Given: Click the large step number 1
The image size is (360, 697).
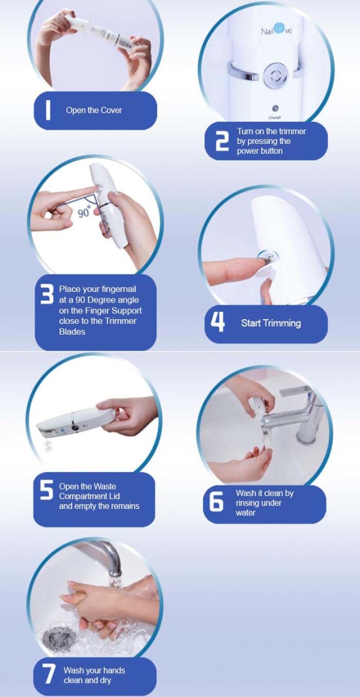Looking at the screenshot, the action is pos(48,110).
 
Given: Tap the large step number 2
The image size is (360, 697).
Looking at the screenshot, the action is pos(221,140).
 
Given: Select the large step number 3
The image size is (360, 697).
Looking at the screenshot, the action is pos(47,294).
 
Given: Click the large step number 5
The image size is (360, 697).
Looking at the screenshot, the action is pos(46,490).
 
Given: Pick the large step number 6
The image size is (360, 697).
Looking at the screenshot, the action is pos(216,501).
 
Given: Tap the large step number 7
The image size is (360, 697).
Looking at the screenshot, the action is pos(49,674).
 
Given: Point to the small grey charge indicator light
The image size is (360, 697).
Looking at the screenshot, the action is pos(275,109).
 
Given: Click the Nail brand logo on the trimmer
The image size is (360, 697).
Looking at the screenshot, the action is pos(276,30).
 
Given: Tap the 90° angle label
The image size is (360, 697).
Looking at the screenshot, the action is pos(84,212).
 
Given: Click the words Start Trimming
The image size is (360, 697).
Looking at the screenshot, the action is pos(271,323).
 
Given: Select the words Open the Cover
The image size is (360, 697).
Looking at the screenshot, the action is pos(93,110).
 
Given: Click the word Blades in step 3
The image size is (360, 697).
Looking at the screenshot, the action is pos(72,332).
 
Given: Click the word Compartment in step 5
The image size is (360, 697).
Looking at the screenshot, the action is pos(89,496).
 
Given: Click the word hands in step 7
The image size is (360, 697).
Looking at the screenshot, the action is pos(114,670).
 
